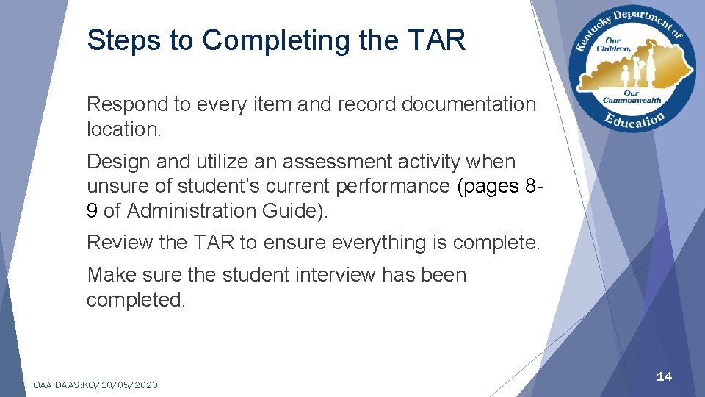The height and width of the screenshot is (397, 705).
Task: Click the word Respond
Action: (x=126, y=104)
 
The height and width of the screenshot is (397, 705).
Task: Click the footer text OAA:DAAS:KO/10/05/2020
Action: (x=95, y=385)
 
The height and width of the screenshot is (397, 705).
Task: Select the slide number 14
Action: (x=664, y=376)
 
